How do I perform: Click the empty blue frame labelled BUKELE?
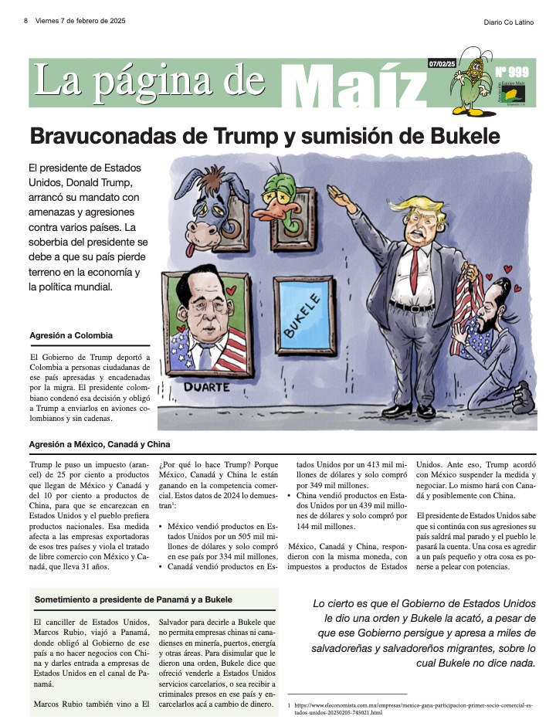pos(303,317)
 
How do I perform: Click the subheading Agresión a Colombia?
pos(71,335)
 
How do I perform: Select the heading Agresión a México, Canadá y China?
pos(99,444)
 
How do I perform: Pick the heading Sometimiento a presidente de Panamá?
pos(133,600)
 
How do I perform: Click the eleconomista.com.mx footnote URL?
pos(355,708)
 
